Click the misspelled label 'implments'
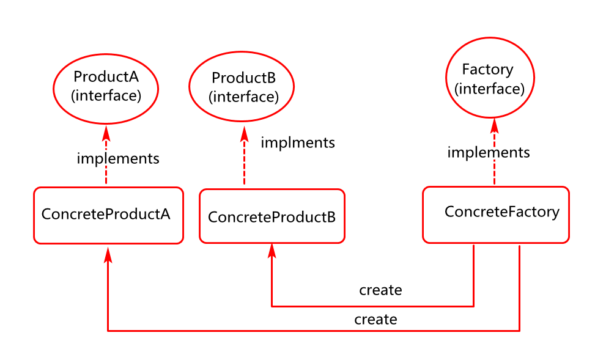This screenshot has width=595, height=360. click(298, 142)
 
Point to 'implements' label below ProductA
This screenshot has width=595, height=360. click(118, 158)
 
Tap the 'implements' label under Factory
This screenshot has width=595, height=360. click(489, 153)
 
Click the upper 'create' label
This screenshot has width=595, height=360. click(380, 290)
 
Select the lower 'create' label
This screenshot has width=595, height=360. click(375, 320)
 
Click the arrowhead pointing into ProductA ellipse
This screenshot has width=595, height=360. click(106, 133)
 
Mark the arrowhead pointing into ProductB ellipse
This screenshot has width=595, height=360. click(245, 134)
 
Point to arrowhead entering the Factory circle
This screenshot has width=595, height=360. click(495, 126)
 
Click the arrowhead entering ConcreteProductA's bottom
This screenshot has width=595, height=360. click(108, 254)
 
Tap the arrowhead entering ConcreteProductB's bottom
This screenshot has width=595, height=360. click(272, 251)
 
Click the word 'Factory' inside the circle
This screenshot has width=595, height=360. click(487, 70)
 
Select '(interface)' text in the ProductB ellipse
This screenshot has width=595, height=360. click(243, 97)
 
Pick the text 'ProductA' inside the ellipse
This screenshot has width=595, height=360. click(106, 76)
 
